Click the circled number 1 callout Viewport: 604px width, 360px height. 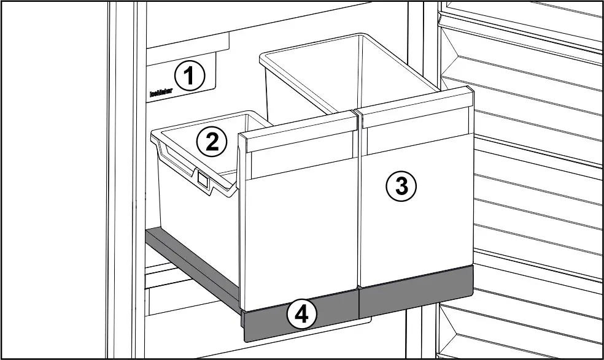click(x=189, y=77)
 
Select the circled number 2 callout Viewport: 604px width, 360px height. click(x=212, y=142)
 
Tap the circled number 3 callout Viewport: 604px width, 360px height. click(x=401, y=185)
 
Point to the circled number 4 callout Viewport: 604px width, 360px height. click(x=301, y=315)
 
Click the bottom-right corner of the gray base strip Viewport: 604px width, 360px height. click(x=471, y=293)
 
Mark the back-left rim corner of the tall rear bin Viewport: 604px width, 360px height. click(x=263, y=56)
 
